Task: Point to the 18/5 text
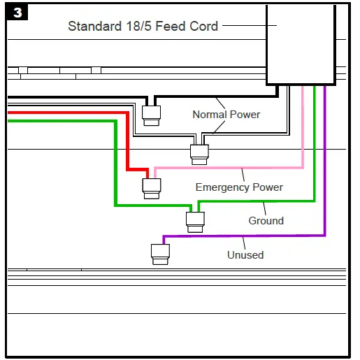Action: pyautogui.click(x=138, y=27)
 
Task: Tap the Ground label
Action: pyautogui.click(x=266, y=221)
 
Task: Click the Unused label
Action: pyautogui.click(x=245, y=255)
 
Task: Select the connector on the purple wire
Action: pyautogui.click(x=161, y=252)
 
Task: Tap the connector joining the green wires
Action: pyautogui.click(x=195, y=221)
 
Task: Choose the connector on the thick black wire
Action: pyautogui.click(x=151, y=113)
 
